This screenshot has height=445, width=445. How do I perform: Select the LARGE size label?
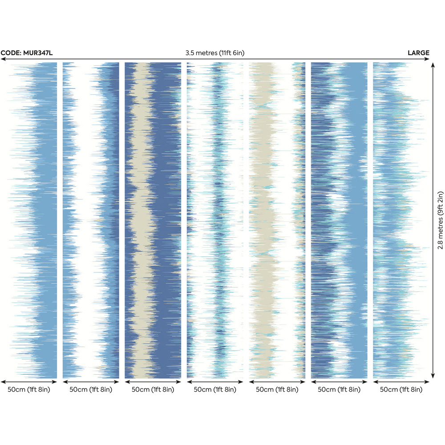(418, 53)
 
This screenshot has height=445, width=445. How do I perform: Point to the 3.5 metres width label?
(215, 53)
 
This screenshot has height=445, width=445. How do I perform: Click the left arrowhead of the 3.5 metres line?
(3, 59)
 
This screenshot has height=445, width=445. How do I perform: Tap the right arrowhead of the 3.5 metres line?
(428, 59)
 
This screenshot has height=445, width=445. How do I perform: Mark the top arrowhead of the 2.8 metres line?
(433, 65)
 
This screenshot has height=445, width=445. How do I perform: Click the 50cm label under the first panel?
(29, 390)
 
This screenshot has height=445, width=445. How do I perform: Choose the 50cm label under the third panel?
(153, 390)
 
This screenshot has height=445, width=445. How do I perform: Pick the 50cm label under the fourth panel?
(215, 390)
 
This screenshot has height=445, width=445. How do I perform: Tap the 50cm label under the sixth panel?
(339, 390)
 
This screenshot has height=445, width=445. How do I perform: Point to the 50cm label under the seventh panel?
(401, 390)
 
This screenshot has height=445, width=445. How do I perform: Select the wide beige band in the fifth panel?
(263, 200)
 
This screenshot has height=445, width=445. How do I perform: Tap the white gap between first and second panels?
(60, 222)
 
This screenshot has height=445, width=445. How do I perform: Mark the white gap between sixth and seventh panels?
(370, 222)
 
